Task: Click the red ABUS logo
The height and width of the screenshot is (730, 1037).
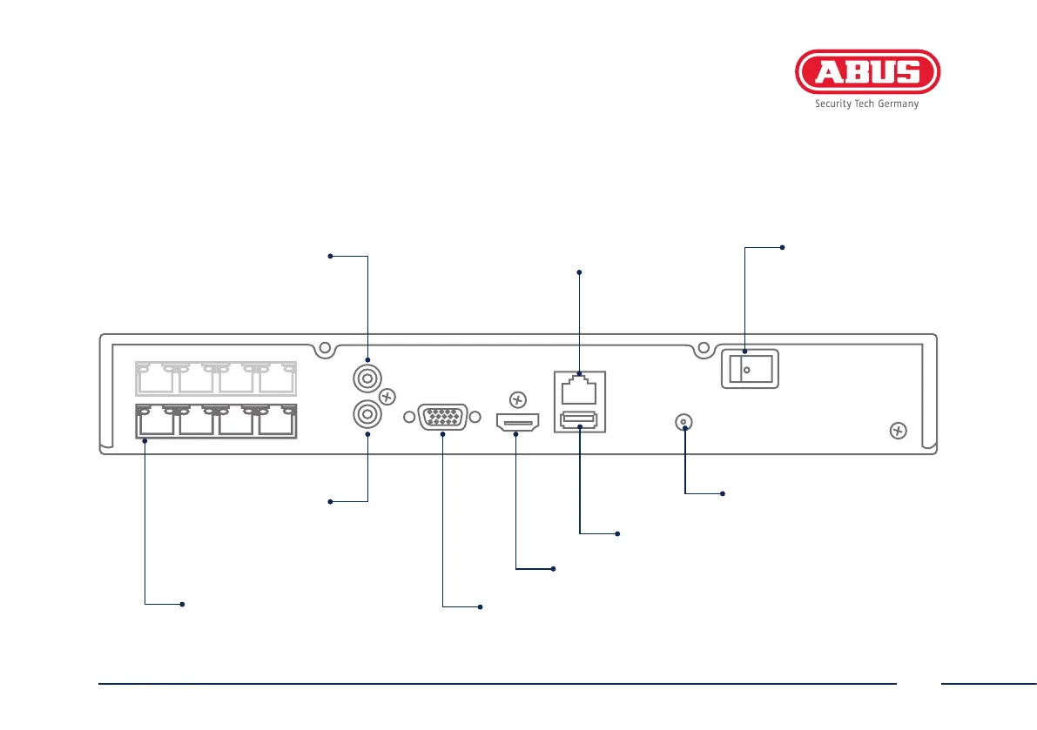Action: [867, 72]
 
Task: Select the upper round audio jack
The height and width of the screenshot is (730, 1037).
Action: [367, 379]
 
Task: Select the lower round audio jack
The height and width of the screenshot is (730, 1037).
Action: [367, 412]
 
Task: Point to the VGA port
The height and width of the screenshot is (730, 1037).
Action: [443, 418]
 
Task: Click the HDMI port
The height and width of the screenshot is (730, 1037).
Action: [516, 423]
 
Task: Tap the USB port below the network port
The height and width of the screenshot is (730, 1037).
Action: [579, 422]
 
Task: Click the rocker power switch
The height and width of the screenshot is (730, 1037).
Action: [748, 370]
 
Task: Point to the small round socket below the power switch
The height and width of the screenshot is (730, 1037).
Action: [684, 424]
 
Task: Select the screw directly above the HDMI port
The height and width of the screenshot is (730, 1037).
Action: [517, 400]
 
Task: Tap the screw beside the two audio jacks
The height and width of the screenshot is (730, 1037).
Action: [388, 397]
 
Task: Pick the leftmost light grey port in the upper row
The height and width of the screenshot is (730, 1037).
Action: [156, 379]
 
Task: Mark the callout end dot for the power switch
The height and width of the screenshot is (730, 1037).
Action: [782, 248]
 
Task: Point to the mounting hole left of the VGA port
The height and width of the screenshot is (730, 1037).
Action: [409, 418]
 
